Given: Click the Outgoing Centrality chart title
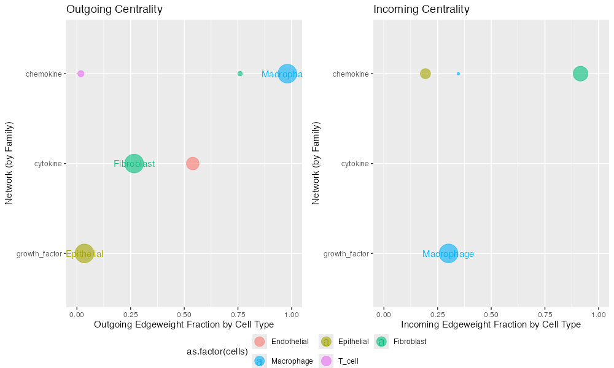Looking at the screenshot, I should click(x=114, y=9).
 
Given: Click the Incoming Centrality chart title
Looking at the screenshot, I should click(x=421, y=9).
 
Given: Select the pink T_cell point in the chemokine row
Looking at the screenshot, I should click(x=80, y=74).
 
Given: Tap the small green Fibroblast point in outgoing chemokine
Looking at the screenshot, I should click(x=240, y=74).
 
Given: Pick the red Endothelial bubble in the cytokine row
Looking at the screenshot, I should click(x=193, y=164).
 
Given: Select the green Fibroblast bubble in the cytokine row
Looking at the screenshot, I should click(x=134, y=164).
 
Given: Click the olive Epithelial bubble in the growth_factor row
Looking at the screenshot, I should click(x=84, y=253).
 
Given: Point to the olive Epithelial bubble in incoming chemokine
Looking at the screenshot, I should click(x=426, y=74).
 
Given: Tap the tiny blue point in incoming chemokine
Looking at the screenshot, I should click(x=458, y=74).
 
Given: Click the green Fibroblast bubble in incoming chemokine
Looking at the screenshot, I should click(x=580, y=74).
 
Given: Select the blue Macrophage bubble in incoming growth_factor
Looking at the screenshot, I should click(x=448, y=253).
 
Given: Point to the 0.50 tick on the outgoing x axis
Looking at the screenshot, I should click(x=184, y=314).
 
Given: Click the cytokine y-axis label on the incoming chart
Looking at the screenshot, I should click(x=355, y=164).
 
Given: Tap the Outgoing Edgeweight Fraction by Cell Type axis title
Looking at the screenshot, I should click(x=184, y=324).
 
